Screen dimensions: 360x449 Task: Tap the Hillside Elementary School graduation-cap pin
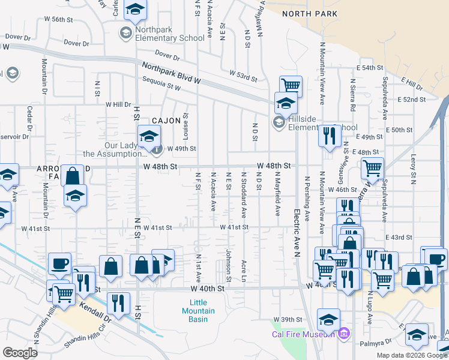pyautogui.click(x=286, y=104)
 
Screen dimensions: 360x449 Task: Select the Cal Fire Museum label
pyautogui.click(x=303, y=334)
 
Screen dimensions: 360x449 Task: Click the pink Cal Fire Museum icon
pyautogui.click(x=343, y=333)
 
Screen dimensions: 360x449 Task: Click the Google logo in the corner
pyautogui.click(x=20, y=353)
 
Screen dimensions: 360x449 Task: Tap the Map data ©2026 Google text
pyautogui.click(x=411, y=355)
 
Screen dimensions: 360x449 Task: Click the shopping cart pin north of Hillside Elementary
pyautogui.click(x=291, y=86)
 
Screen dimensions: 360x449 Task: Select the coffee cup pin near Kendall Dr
pyautogui.click(x=59, y=264)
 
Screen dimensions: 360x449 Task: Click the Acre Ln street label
pyautogui.click(x=244, y=270)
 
